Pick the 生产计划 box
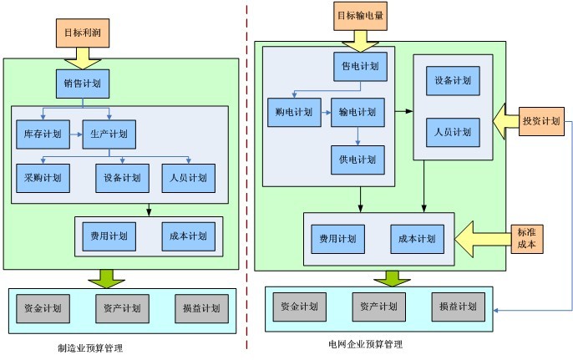[109, 133]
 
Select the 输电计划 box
[357, 112]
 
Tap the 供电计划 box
[357, 157]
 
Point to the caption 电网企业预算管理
[366, 343]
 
